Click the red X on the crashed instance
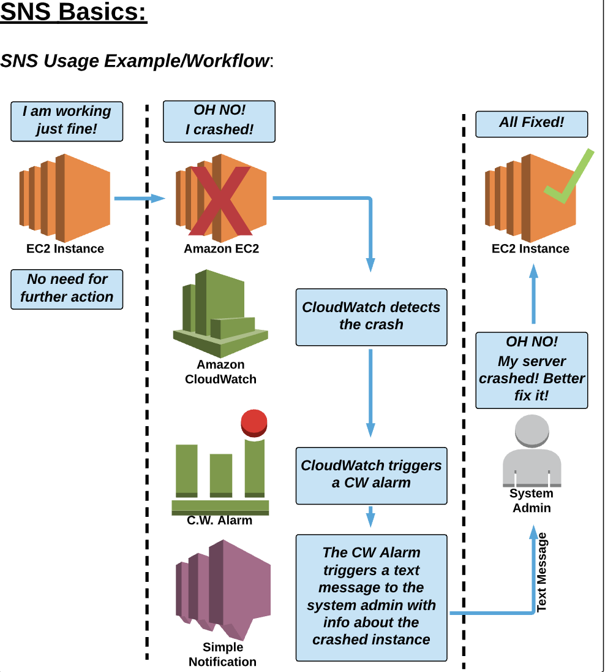221,200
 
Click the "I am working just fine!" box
67,120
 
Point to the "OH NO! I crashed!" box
219,120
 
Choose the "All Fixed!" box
532,123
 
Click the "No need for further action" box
67,288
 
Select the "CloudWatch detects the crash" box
371,316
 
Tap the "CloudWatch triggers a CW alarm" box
371,474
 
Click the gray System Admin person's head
532,432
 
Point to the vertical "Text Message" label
542,571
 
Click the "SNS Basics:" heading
73,12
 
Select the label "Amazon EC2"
221,249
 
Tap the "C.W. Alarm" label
219,521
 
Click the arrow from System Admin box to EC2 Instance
533,294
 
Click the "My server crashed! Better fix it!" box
532,370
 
